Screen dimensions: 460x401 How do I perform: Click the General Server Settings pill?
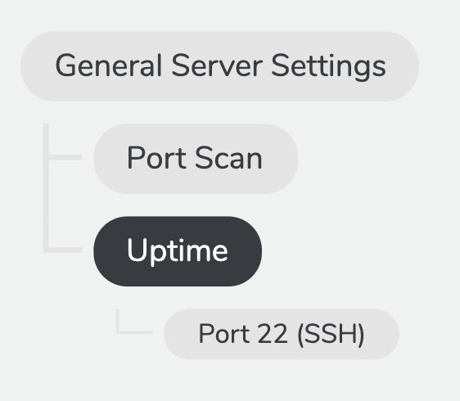219,66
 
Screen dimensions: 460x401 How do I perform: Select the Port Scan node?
196,159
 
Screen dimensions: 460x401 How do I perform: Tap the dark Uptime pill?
178,251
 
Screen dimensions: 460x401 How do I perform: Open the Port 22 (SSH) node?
282,334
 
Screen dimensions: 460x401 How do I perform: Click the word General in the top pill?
109,65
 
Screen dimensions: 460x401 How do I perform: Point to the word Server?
217,65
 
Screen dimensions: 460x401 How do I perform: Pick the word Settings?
328,67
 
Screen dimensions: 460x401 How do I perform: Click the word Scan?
228,158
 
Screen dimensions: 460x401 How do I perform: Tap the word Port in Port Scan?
157,158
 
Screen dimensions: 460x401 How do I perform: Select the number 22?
273,333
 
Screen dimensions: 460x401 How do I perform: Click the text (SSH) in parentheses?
331,334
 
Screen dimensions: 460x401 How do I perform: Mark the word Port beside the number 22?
224,333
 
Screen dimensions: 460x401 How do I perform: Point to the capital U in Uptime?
137,250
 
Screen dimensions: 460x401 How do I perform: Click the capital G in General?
66,65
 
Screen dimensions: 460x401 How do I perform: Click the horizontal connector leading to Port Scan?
65,157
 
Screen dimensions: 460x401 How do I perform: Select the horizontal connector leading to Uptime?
65,250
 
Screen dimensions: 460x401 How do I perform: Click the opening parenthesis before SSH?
300,334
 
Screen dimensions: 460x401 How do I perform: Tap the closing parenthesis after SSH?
362,334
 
